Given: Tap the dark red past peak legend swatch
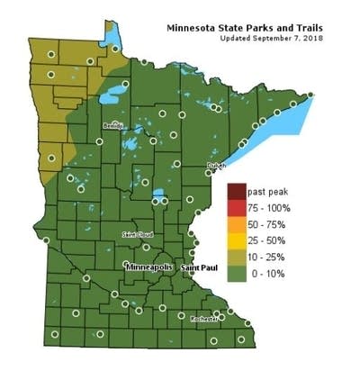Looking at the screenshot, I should tap(237, 192).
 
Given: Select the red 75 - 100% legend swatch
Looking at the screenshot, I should tap(237, 207).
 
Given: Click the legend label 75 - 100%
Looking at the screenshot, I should tap(272, 208).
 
